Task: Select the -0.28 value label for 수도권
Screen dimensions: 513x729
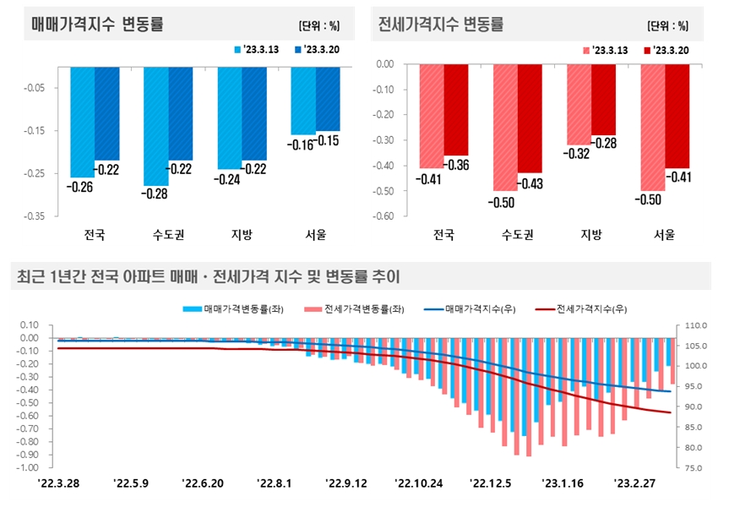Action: [x=155, y=194]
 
